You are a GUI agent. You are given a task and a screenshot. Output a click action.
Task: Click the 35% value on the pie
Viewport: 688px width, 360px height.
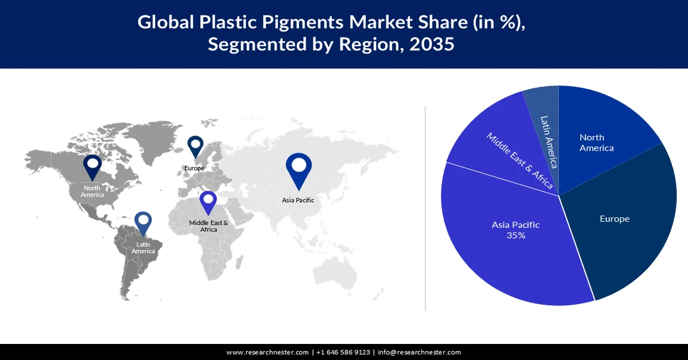coord(516,235)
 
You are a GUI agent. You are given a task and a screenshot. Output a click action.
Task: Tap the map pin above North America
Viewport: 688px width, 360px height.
coord(92,167)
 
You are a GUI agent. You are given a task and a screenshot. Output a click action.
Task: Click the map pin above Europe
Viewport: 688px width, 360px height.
coord(196,146)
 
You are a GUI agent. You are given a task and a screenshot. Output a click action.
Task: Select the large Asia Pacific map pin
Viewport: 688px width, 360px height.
coord(298,169)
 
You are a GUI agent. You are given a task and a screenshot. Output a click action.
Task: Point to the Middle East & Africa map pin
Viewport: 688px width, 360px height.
coord(208,204)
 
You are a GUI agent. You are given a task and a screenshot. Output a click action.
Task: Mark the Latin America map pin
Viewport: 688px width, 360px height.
coord(143,224)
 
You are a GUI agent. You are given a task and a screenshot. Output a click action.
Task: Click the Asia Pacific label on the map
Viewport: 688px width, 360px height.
coord(298,200)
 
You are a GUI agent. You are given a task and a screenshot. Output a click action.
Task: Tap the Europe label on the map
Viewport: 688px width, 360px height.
coord(194,168)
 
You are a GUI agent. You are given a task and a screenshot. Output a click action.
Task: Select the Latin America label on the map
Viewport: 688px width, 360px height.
coord(143,248)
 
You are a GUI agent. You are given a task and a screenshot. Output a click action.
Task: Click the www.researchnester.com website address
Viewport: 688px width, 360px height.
coord(267,352)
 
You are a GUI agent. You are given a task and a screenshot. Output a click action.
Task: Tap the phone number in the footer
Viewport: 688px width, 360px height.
coord(343,352)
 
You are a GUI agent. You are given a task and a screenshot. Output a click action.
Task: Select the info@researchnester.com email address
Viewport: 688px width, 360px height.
coord(419,352)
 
